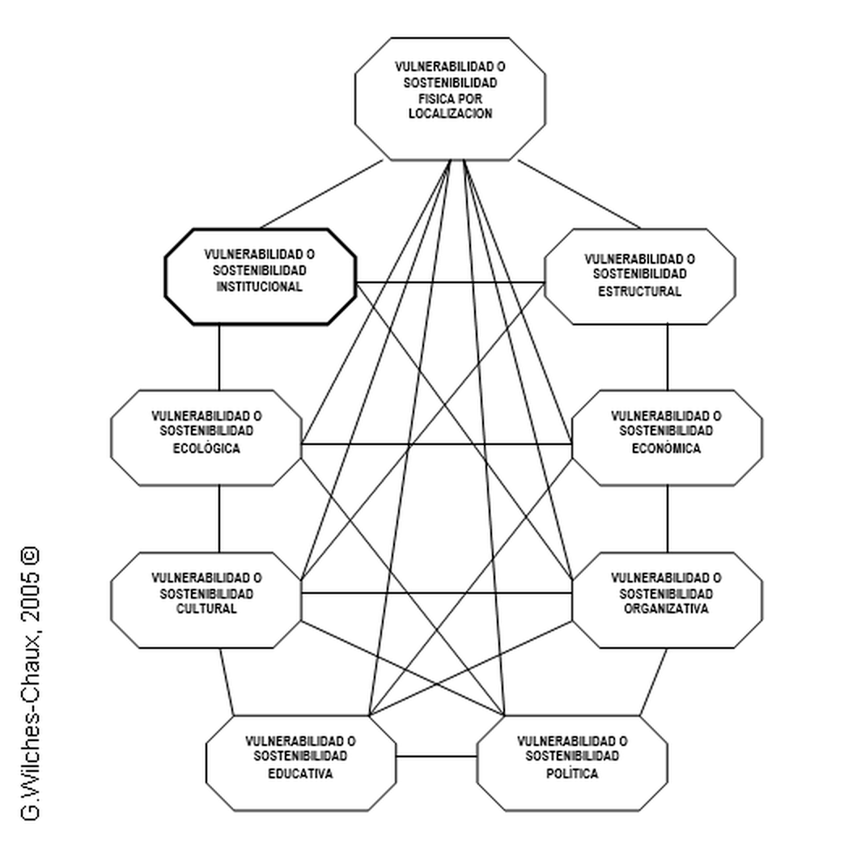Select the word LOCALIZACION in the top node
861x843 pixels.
pos(450,114)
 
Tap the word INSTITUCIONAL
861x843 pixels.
pos(260,286)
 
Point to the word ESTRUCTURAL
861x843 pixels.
pos(639,292)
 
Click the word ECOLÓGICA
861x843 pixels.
pos(206,447)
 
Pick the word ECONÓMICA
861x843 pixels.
pos(666,447)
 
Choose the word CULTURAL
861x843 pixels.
pos(206,609)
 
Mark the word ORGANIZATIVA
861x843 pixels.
pos(666,609)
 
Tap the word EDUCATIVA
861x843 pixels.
pos(300,773)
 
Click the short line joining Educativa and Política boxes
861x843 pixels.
pos(436,757)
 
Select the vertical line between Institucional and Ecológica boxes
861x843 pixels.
pos(219,358)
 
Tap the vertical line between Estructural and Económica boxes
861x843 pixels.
pos(668,358)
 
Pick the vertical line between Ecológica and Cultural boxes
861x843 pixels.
pos(219,519)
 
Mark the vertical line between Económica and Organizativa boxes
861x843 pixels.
pos(668,519)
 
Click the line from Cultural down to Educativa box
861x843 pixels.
pos(228,682)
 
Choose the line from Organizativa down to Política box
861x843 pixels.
pos(655,682)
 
